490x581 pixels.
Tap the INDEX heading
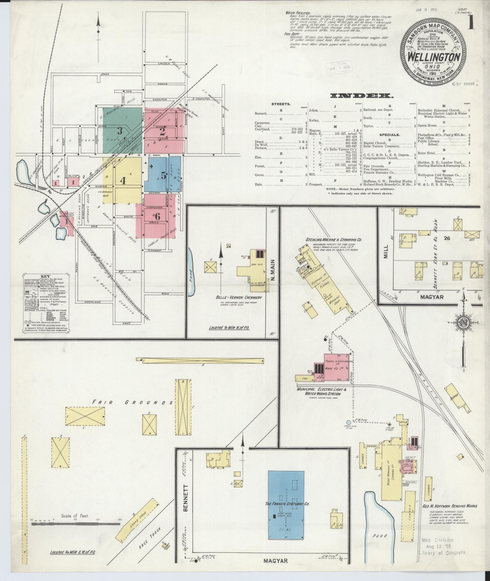click(361, 96)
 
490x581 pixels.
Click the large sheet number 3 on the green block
click(120, 131)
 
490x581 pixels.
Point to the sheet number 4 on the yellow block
click(123, 180)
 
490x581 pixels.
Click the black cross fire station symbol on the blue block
click(151, 166)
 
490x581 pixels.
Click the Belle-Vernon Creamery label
click(239, 297)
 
